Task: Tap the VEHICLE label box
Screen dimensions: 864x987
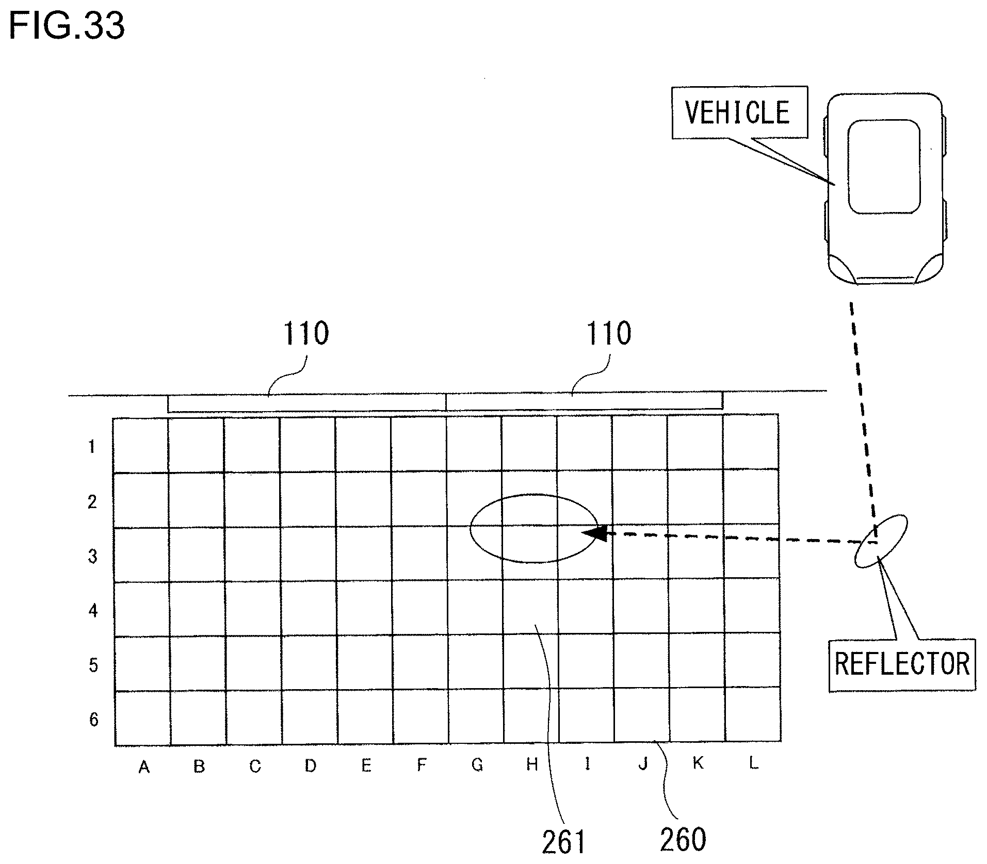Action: pos(738,112)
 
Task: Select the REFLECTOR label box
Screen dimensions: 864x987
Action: pos(902,664)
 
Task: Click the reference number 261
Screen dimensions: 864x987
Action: pos(563,841)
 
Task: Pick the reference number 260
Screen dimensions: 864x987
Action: pos(683,839)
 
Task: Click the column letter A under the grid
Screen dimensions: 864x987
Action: pos(144,768)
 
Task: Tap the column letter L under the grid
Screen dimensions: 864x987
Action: pos(753,763)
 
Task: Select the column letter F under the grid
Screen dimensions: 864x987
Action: pos(422,765)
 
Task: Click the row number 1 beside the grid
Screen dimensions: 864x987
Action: pos(92,447)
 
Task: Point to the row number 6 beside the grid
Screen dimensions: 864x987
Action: pos(93,719)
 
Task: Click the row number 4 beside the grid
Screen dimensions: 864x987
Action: pos(93,611)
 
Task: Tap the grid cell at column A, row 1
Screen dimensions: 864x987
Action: pos(141,445)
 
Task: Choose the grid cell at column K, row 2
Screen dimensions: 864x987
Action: pos(695,498)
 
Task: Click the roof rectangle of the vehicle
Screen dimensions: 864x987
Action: pos(884,167)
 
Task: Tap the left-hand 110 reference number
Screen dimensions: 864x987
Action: pos(306,334)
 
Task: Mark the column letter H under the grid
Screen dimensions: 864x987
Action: pos(532,764)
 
